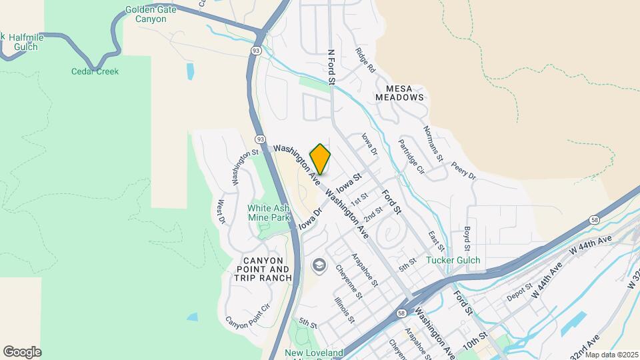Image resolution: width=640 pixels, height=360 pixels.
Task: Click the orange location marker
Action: click(x=320, y=159)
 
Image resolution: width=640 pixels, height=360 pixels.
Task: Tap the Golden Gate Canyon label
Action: click(x=141, y=15)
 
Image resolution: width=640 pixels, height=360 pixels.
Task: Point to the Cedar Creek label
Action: click(x=95, y=71)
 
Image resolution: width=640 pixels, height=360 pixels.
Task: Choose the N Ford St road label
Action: click(x=330, y=66)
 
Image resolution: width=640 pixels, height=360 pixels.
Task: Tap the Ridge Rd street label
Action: click(x=366, y=61)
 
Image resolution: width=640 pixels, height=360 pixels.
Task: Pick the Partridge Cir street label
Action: click(x=411, y=155)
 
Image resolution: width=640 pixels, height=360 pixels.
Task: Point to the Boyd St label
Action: click(x=467, y=238)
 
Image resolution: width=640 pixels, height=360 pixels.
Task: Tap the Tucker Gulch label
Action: click(x=453, y=260)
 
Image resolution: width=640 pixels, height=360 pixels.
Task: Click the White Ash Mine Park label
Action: click(x=269, y=213)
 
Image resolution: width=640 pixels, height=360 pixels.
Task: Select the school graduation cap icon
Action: click(x=319, y=265)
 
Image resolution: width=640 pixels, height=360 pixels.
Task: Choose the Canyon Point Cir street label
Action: click(x=247, y=315)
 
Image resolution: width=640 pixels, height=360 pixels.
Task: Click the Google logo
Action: click(x=23, y=351)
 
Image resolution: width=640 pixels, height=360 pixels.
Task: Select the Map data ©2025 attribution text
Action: click(x=611, y=355)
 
